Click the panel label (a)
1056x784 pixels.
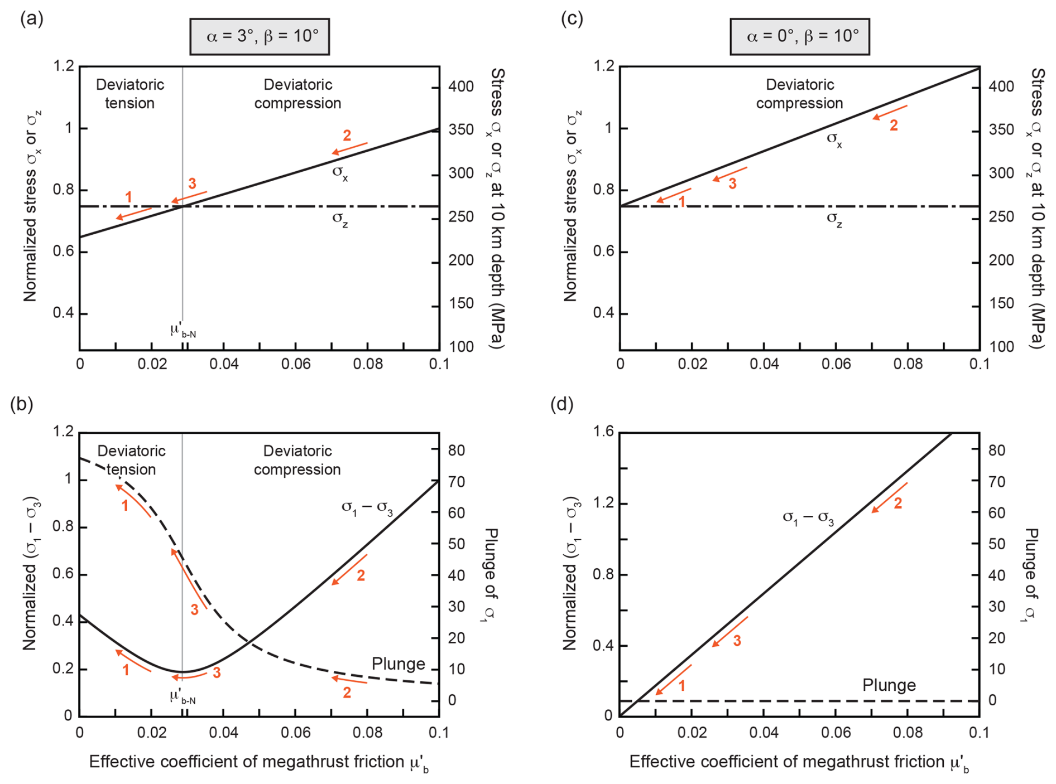32,19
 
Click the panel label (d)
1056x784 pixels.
562,404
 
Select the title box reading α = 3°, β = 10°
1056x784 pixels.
260,37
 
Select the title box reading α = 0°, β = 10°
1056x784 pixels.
799,37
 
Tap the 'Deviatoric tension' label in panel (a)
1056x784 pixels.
130,94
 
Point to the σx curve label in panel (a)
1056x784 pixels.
340,172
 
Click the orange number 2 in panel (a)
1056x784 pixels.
347,135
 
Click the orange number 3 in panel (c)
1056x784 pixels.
732,183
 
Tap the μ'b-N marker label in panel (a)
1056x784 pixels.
183,331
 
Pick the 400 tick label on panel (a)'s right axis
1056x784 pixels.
461,87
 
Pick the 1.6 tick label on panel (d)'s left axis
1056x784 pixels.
602,432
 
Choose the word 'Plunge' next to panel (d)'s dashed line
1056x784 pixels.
889,685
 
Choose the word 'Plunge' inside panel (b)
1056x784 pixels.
399,664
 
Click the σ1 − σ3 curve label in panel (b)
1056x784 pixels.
367,508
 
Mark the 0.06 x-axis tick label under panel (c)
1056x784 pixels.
836,364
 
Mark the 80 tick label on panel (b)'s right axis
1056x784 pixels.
457,451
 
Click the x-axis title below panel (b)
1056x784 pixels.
259,762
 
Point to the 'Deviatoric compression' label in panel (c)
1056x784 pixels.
799,94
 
